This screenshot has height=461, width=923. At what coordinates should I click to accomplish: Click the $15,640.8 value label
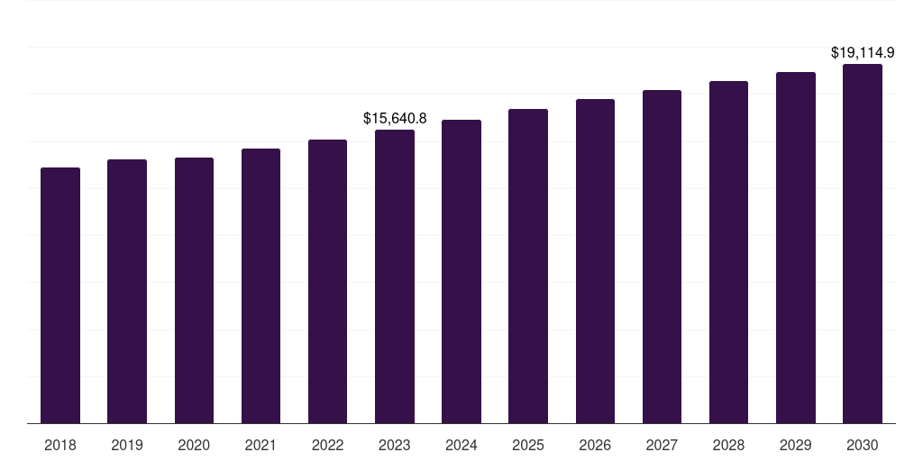pos(395,118)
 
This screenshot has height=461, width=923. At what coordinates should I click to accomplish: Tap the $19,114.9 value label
pos(863,52)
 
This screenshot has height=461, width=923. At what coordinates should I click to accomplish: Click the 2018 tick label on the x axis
pos(60,445)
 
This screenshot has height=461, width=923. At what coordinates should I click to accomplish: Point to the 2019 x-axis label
pos(127,445)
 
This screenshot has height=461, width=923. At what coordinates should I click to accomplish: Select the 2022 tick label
pos(328,445)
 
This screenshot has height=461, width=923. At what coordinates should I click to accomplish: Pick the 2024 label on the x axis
pos(461,445)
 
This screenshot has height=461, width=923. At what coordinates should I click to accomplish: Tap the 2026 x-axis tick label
pos(595,445)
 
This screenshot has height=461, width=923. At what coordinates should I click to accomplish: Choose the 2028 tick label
pos(728,445)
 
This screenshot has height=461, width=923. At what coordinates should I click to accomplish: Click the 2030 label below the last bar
pos(863,445)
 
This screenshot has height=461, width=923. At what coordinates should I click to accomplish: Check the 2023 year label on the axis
pos(395,445)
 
